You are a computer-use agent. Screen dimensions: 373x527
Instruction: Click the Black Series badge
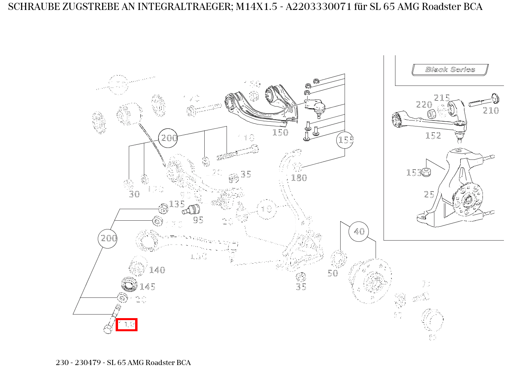450,70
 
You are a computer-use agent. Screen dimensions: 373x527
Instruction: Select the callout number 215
442,98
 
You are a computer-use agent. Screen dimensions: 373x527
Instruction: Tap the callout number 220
424,105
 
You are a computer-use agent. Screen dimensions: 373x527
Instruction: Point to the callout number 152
433,136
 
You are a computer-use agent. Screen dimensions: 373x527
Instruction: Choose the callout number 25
429,194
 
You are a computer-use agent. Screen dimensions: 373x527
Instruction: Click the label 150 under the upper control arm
280,132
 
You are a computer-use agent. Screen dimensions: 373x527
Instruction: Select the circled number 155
345,140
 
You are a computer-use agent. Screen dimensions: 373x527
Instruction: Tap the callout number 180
299,178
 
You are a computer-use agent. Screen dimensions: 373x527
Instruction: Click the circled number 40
359,231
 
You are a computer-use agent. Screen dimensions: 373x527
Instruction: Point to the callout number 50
333,273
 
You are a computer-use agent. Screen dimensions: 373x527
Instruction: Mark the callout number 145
147,287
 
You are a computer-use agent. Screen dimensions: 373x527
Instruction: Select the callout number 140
157,270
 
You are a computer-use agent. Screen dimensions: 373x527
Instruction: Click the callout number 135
177,204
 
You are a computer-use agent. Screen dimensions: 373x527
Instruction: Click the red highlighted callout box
126,324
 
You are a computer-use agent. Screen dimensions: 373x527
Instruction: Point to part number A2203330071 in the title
320,7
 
